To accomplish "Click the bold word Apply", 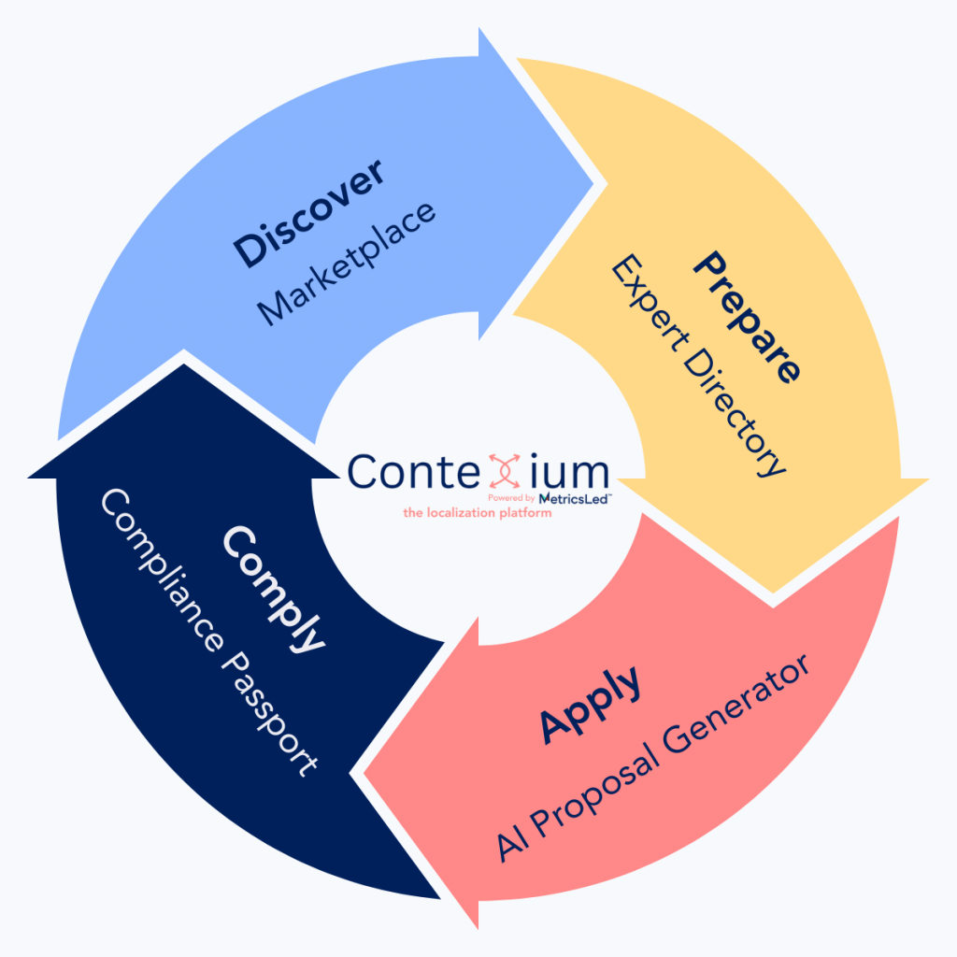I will [592, 704].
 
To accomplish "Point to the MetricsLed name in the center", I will [575, 498].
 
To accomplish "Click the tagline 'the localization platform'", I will [478, 513].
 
